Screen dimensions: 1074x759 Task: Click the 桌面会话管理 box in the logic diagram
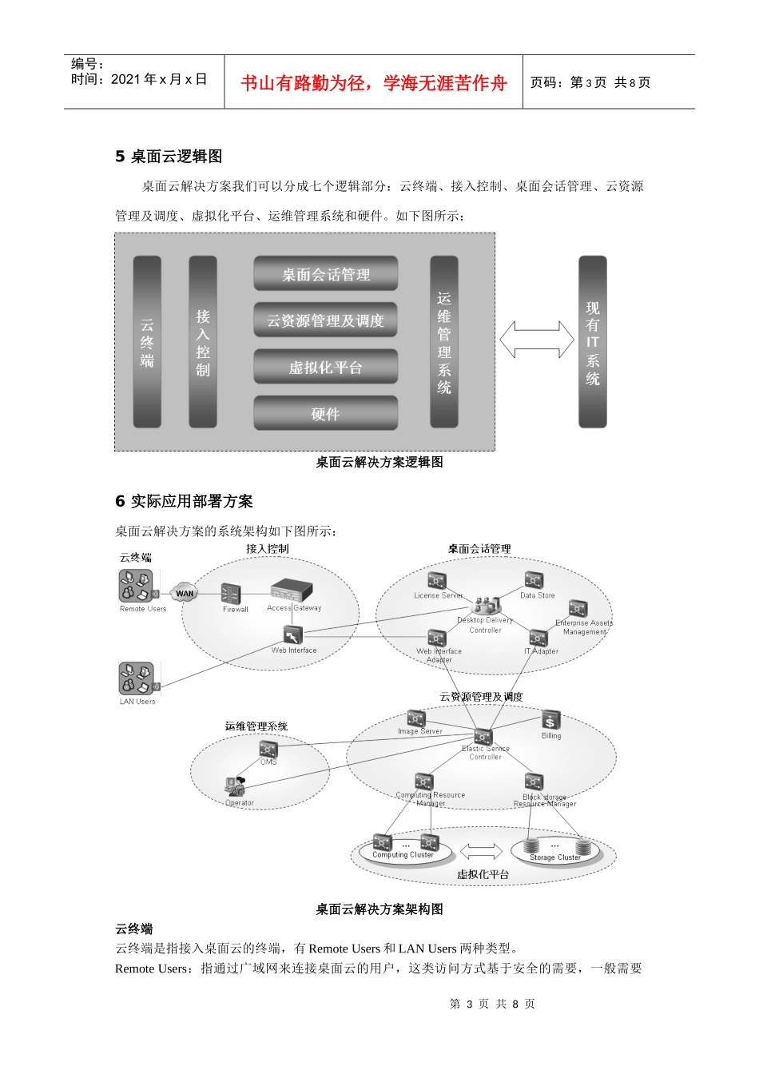(325, 274)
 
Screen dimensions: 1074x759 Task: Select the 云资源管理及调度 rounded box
(325, 320)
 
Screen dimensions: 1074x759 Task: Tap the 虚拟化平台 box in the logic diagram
(325, 368)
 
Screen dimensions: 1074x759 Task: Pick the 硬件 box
(325, 413)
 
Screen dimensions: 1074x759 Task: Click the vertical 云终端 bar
(147, 342)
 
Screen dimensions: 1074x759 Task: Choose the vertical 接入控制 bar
(203, 342)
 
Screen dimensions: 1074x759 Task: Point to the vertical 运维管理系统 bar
(444, 342)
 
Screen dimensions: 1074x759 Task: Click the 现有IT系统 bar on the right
(592, 342)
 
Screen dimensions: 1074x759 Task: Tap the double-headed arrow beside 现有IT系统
(537, 340)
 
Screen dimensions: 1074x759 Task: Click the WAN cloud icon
(185, 593)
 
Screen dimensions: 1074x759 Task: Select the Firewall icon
(231, 594)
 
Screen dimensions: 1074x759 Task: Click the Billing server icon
(550, 720)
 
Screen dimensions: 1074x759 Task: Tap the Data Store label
(537, 595)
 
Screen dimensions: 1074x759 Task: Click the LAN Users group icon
(137, 679)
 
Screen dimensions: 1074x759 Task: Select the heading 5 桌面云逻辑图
(169, 157)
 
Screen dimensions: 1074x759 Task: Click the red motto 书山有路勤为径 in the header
(373, 83)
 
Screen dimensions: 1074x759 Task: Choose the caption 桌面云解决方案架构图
(379, 909)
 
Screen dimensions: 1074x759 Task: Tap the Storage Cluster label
(555, 857)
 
